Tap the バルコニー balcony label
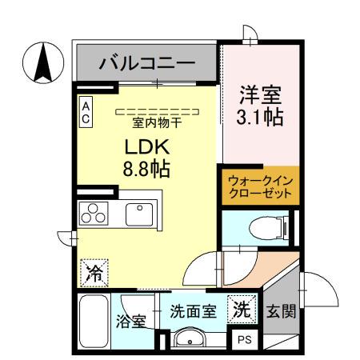click(146, 62)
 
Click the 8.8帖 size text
click(145, 170)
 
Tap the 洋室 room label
click(260, 95)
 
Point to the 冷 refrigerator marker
click(92, 271)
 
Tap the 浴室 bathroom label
click(131, 322)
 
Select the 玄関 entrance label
click(281, 311)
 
